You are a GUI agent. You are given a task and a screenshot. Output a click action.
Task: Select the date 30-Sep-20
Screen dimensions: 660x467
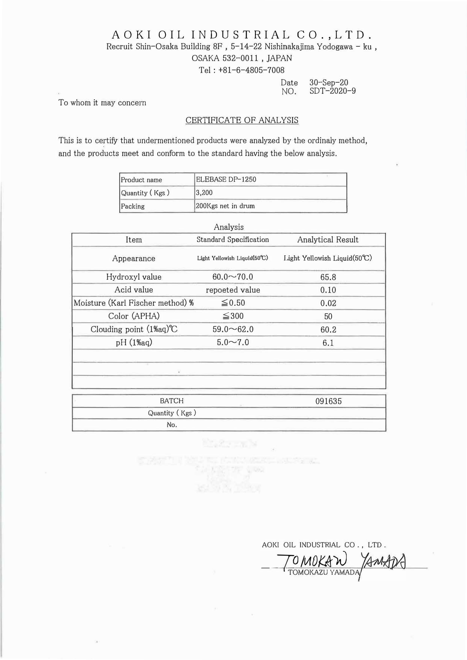coord(329,83)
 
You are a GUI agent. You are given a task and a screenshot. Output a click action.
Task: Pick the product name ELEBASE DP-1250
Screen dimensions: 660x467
coord(226,179)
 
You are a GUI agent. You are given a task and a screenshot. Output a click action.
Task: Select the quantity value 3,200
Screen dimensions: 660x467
coord(204,193)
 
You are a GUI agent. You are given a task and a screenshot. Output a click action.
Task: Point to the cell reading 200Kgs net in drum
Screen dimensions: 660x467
coord(225,206)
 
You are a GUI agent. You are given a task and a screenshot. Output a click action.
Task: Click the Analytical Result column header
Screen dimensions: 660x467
coord(328,240)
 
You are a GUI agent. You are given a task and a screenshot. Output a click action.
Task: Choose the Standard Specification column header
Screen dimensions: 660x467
coord(233,240)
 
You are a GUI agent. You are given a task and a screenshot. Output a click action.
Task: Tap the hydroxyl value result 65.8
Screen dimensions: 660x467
coord(328,277)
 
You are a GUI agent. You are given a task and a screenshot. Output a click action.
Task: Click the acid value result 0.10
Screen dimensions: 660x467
coord(328,290)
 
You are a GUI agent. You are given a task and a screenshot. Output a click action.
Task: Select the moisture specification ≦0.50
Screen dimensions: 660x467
coord(233,303)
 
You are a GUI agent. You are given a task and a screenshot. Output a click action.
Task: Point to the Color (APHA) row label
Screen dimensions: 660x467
coord(134,316)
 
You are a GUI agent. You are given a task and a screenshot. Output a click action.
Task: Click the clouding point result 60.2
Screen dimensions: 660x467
coord(328,330)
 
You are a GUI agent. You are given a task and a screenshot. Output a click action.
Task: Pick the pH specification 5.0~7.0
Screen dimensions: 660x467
coord(233,342)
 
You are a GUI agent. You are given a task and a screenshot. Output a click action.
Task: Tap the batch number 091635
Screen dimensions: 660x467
coord(328,401)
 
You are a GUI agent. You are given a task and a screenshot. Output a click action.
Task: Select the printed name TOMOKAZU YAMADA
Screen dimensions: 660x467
coord(323,573)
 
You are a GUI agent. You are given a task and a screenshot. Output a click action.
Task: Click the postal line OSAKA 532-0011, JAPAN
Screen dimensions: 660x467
coord(242,58)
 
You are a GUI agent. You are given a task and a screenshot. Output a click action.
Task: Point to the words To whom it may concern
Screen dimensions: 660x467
coord(102,103)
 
